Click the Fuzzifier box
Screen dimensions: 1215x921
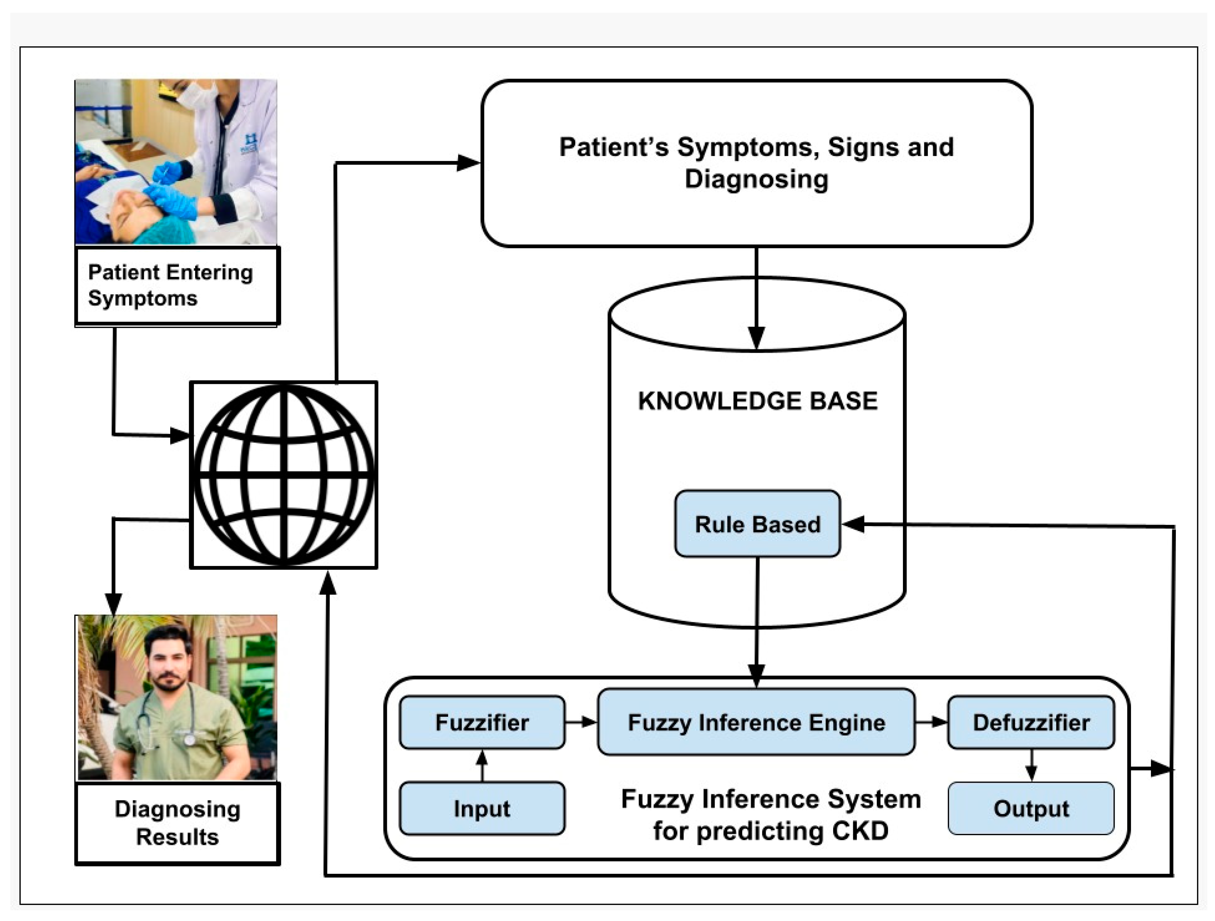click(x=482, y=722)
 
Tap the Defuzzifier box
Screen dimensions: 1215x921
click(x=1031, y=722)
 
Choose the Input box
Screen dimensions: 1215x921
click(x=482, y=808)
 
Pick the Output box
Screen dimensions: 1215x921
click(x=1031, y=808)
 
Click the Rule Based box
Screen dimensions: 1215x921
click(x=758, y=524)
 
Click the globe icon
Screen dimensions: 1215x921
click(x=283, y=475)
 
